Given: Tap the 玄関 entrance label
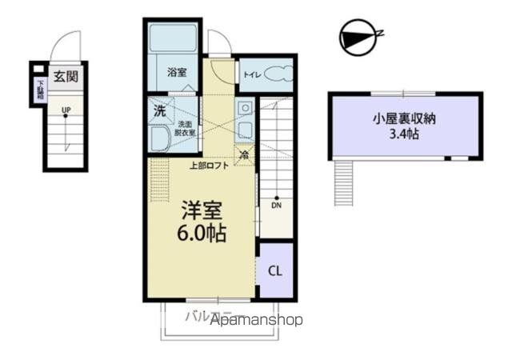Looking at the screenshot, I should pos(65,77).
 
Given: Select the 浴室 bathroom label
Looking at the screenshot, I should pos(177,72).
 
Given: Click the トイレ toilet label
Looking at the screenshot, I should pos(251,76).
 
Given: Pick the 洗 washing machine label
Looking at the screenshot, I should pos(159,110).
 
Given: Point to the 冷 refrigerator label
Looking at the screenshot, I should pos(244,154).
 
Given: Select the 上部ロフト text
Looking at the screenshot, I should pos(209,166).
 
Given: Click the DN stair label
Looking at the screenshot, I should pos(277,206).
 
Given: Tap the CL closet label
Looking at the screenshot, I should pos(274,271).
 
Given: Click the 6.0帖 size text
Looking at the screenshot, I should pos(200,234).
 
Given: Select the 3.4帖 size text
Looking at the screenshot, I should pos(404,134).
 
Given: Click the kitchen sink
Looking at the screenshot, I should pos(244,109).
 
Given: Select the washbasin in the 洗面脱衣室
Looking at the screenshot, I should pos(162,139).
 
